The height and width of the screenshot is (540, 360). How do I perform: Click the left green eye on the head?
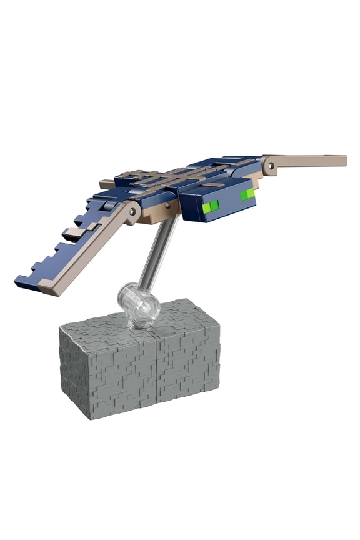212,205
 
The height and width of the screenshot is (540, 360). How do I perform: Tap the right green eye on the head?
248,195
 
